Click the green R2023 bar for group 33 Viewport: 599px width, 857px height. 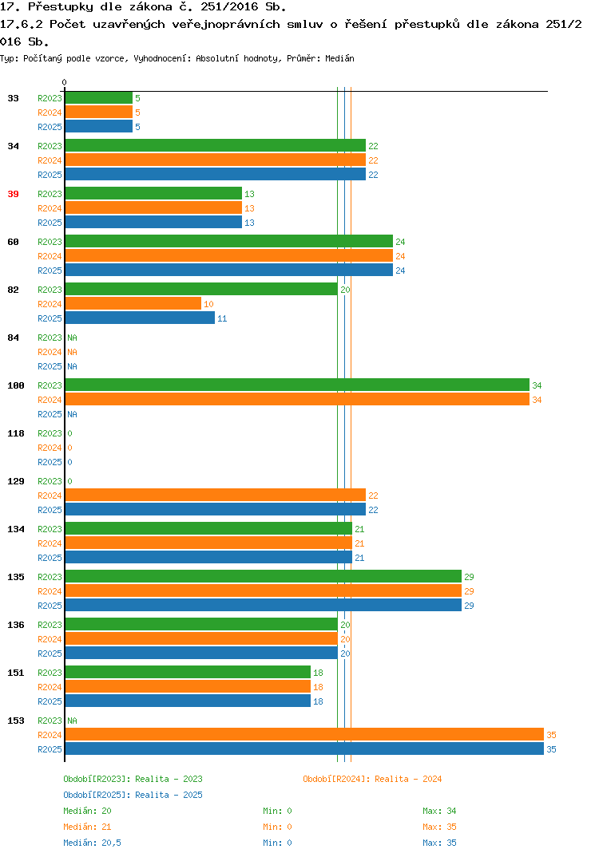point(99,98)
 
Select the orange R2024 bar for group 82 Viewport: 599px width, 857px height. point(133,304)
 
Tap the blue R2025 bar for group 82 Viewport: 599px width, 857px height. point(140,318)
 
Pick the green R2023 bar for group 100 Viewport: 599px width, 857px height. point(298,385)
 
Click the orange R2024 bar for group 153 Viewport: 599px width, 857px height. point(305,735)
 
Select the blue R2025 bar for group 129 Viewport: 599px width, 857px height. point(216,509)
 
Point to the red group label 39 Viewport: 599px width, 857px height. point(13,194)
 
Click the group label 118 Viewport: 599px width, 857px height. point(16,433)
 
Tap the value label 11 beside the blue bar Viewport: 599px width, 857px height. point(222,318)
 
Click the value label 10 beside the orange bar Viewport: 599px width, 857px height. point(208,305)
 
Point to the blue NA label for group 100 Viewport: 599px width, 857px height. point(72,414)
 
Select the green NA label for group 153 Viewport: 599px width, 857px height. point(72,721)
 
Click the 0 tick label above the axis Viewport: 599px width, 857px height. point(64,82)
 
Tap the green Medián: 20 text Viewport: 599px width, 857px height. point(87,811)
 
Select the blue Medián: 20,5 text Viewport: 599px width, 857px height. point(92,843)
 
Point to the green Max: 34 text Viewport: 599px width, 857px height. point(439,811)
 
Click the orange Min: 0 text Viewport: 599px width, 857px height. point(277,827)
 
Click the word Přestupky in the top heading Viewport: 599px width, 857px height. point(60,7)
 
